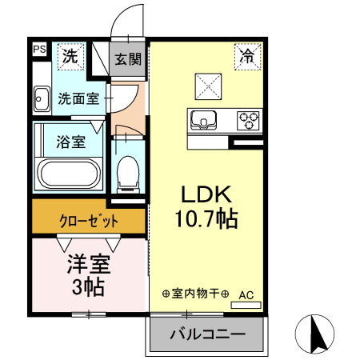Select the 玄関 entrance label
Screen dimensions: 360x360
pyautogui.click(x=126, y=58)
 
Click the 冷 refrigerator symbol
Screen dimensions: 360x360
pyautogui.click(x=248, y=55)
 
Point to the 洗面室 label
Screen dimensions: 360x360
pyautogui.click(x=78, y=100)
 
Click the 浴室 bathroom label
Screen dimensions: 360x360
pyautogui.click(x=70, y=143)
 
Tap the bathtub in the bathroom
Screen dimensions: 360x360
pyautogui.click(x=69, y=174)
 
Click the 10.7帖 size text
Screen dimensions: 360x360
pyautogui.click(x=204, y=218)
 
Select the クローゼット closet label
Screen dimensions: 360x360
pyautogui.click(x=89, y=219)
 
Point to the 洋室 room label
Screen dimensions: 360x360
pyautogui.click(x=87, y=263)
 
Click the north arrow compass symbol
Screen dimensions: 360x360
pyautogui.click(x=314, y=334)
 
